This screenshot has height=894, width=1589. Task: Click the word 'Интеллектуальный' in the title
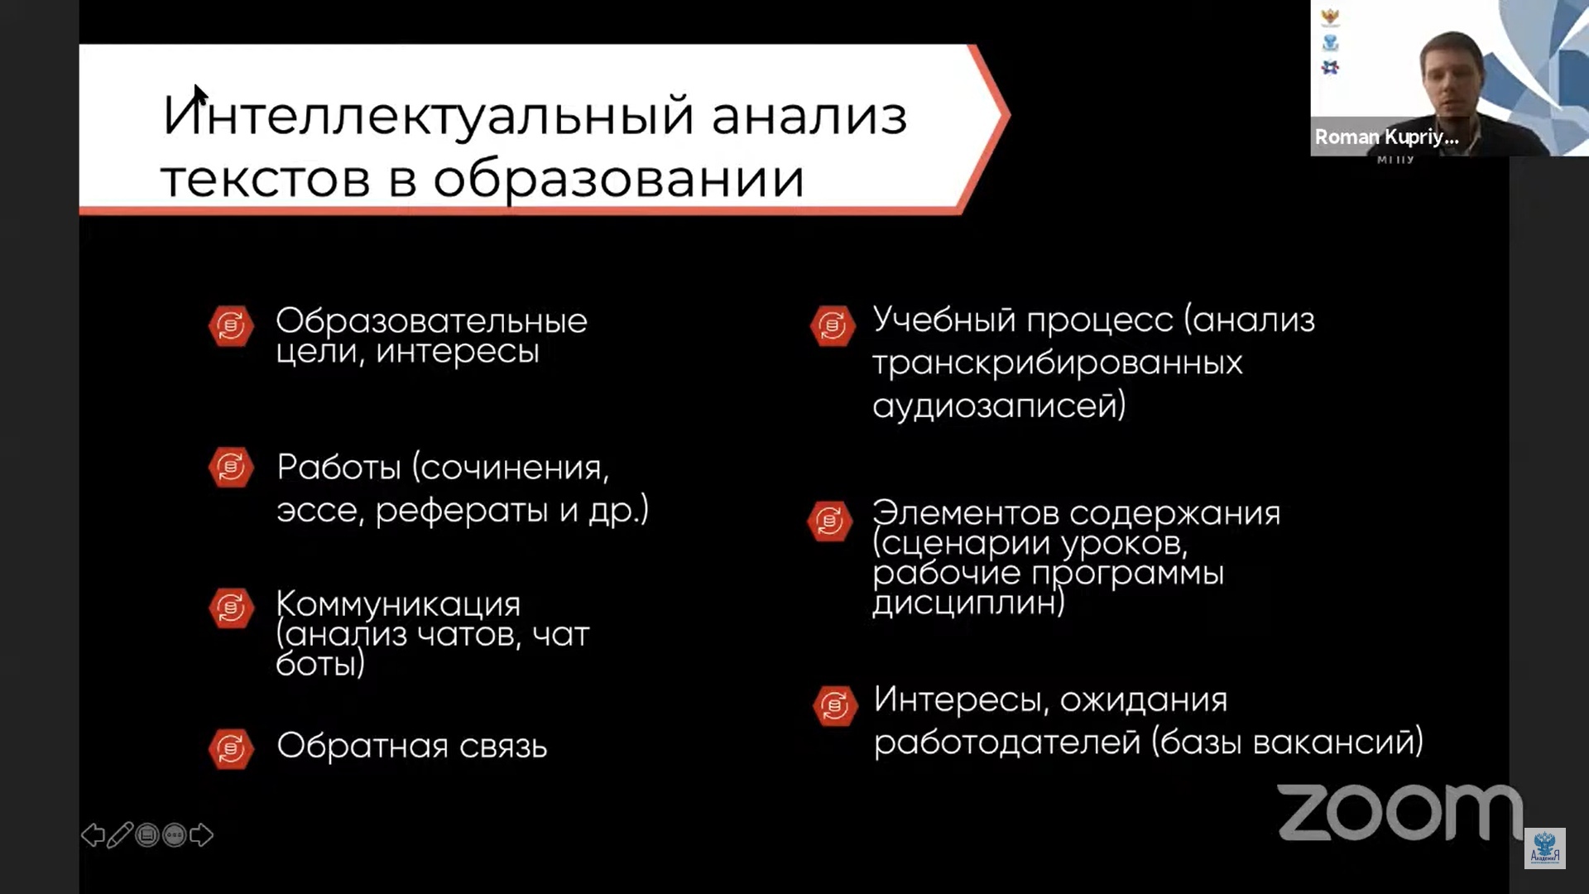coord(428,115)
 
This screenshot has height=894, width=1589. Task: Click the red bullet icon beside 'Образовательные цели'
coord(231,325)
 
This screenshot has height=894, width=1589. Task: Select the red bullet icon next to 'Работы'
coord(231,468)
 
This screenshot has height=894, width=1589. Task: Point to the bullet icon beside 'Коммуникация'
coord(231,608)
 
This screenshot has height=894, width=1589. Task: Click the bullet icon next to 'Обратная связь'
coord(231,749)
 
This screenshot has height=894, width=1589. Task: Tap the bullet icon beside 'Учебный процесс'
coord(832,325)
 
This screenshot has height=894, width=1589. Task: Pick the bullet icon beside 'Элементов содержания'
coord(830,521)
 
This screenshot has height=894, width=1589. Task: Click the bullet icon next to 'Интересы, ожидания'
coord(834,705)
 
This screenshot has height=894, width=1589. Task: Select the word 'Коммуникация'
coord(398,604)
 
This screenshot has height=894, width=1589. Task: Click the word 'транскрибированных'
coord(1058,364)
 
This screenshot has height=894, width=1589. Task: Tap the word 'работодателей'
coord(1007,742)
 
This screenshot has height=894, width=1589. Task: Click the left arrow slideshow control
coord(93,835)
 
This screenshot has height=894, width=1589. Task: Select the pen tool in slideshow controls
coord(119,835)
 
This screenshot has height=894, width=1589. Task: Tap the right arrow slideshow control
coord(201,835)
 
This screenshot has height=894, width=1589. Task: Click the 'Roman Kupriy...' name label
coord(1387,137)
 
